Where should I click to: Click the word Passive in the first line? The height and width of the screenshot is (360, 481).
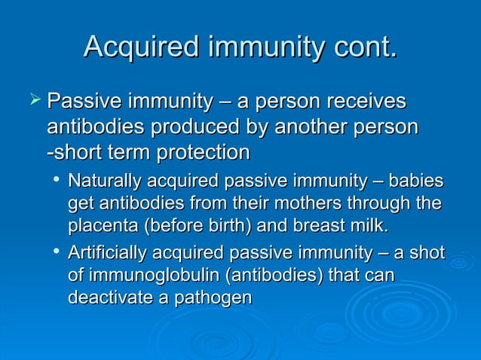(x=84, y=101)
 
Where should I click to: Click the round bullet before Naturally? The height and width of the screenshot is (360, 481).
(x=58, y=182)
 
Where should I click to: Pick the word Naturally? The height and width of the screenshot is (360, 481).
(x=102, y=182)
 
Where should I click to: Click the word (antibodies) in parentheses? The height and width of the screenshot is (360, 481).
(x=257, y=276)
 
